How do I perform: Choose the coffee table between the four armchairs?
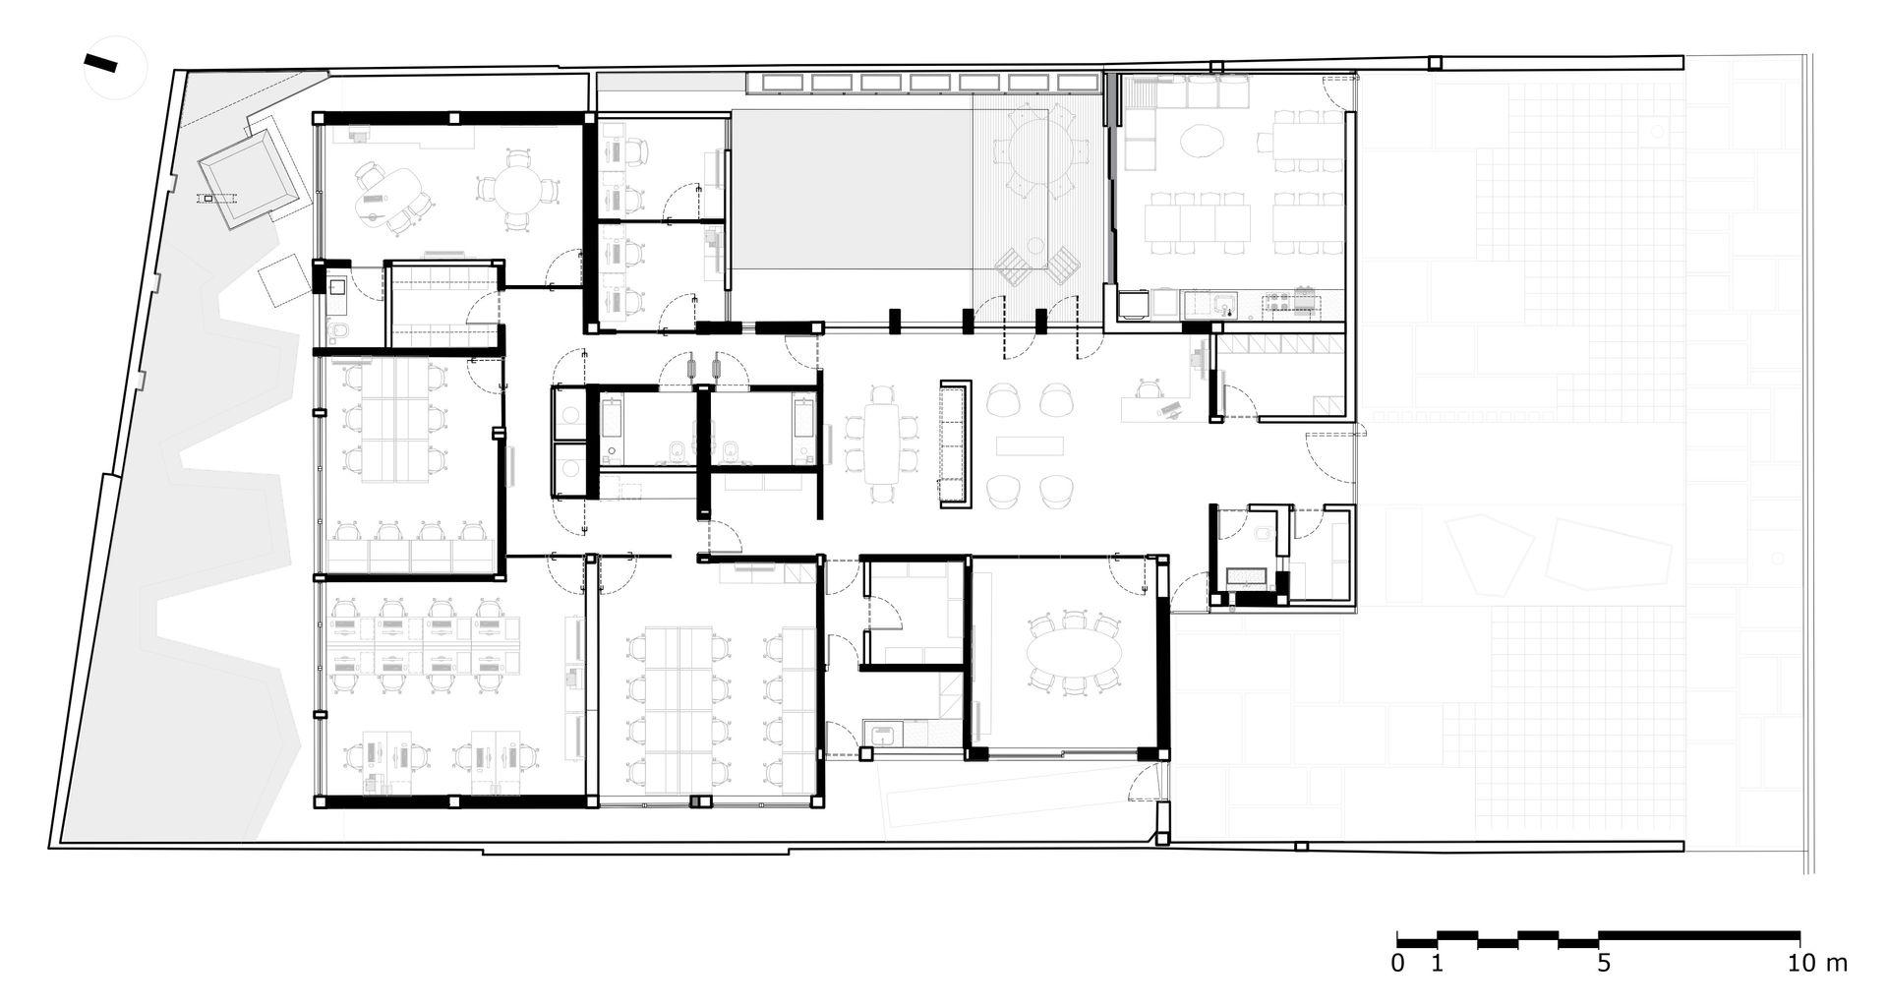1030,445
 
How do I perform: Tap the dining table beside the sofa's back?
882,443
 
